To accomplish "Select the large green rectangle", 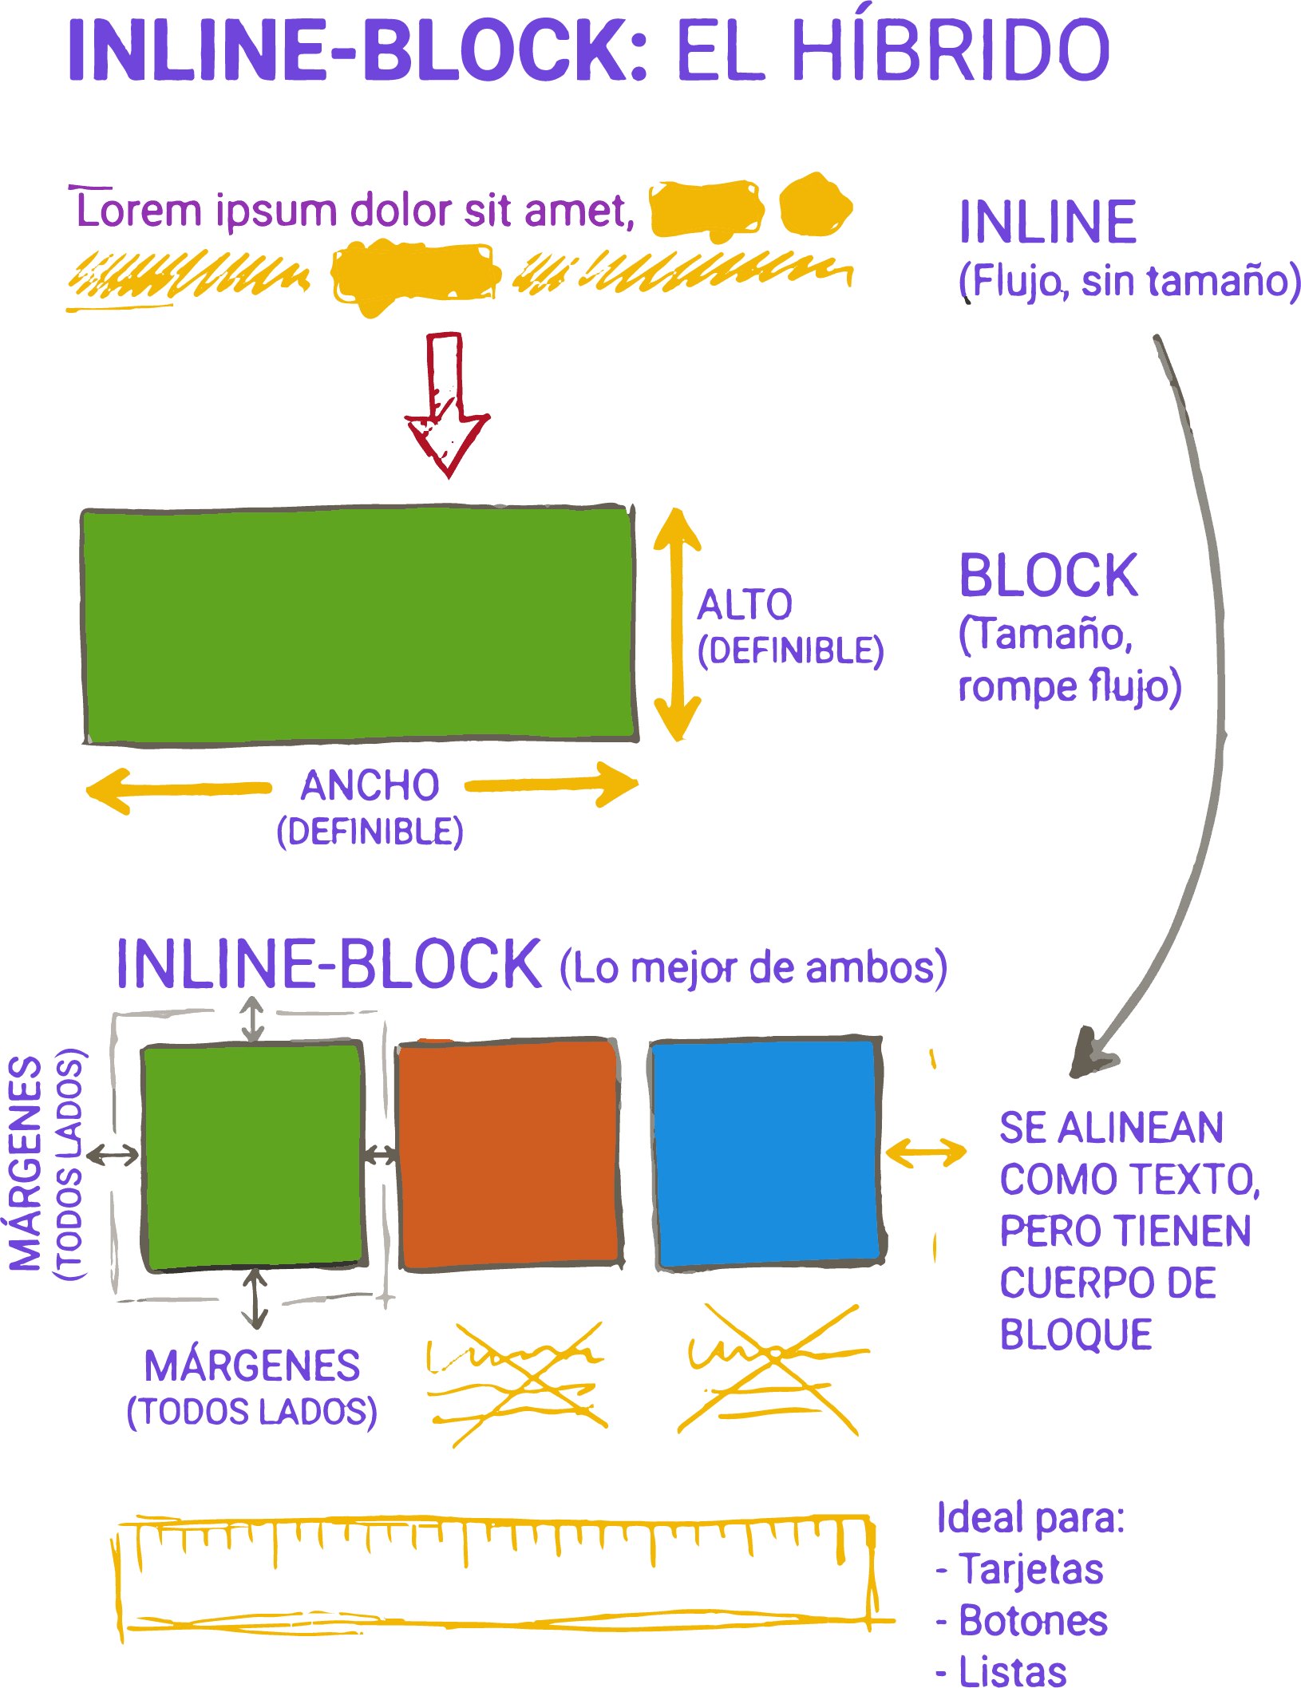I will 359,624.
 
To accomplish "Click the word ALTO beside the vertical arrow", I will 745,605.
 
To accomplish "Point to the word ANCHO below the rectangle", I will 370,785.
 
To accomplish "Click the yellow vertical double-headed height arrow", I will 678,625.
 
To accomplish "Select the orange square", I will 509,1154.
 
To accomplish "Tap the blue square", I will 765,1154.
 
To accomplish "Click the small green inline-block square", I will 253,1156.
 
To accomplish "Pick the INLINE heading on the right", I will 1048,223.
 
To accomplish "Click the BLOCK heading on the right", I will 1048,575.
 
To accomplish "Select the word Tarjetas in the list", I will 1031,1570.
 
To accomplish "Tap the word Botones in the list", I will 1033,1621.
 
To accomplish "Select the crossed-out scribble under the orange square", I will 517,1385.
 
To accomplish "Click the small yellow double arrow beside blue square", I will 926,1152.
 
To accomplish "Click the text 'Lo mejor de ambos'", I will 753,968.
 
